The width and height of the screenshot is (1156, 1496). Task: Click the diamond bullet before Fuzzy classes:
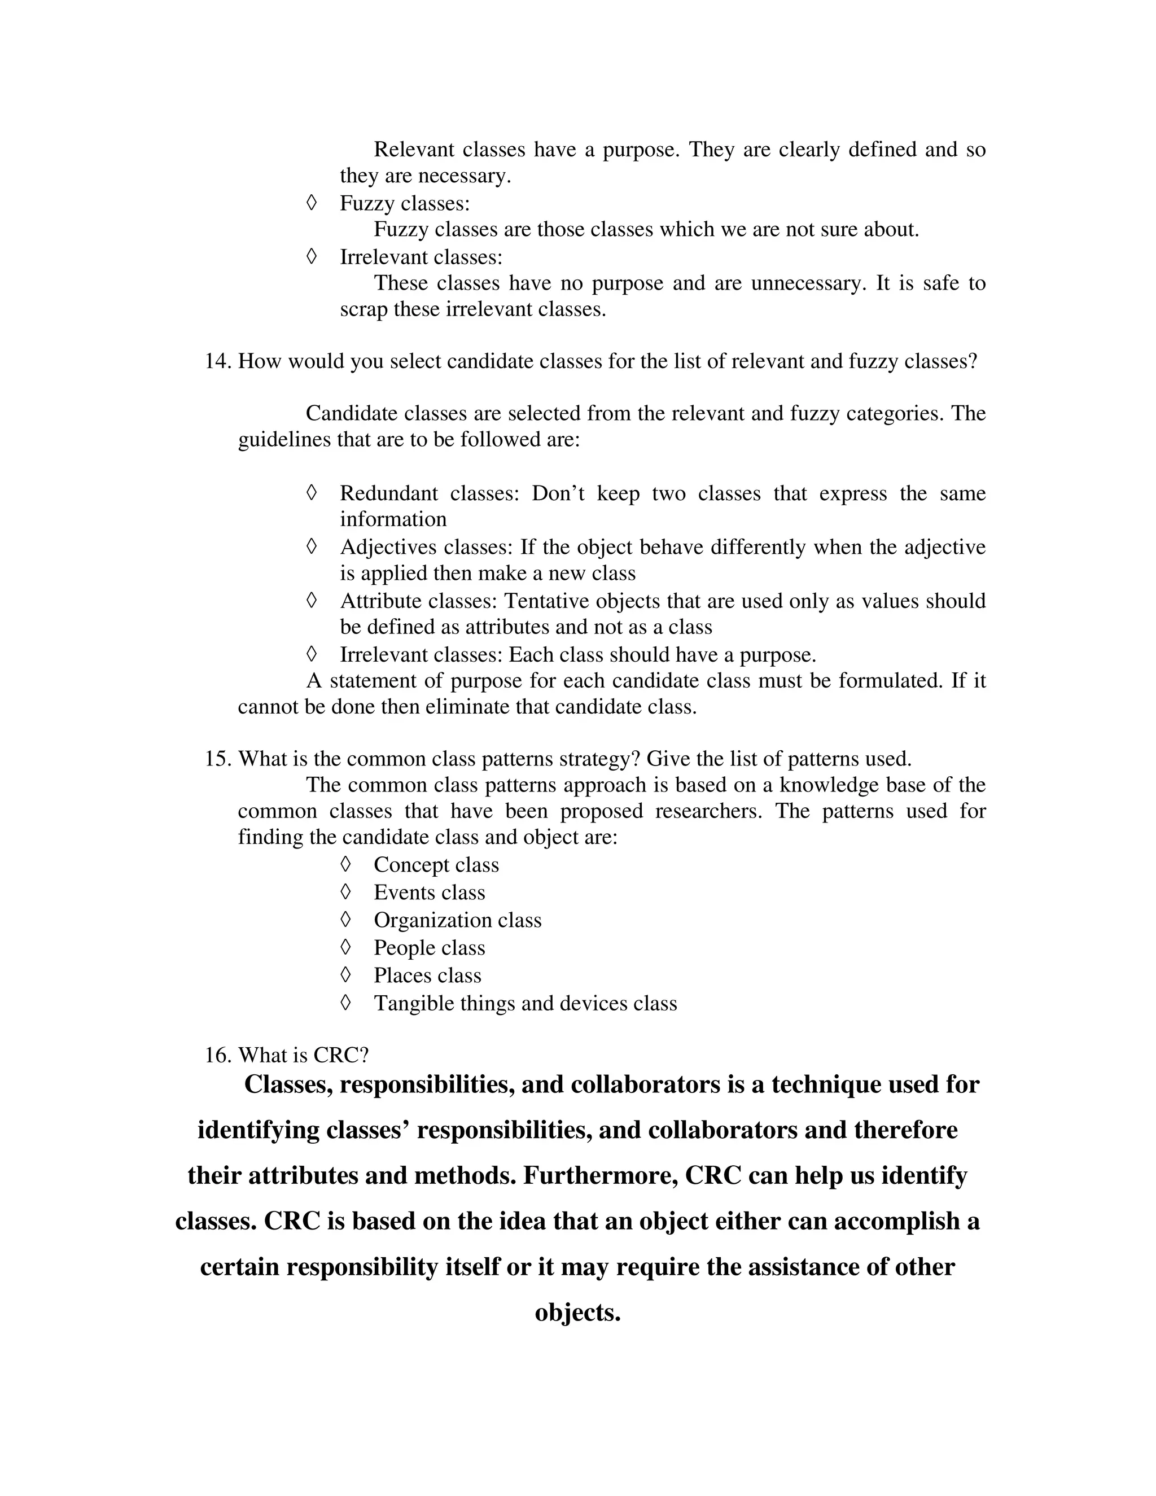pyautogui.click(x=312, y=203)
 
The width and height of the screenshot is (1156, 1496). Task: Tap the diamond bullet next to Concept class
pyautogui.click(x=346, y=864)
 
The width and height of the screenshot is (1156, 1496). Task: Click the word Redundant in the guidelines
pyautogui.click(x=388, y=493)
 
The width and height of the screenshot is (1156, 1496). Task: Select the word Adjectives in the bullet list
pyautogui.click(x=389, y=547)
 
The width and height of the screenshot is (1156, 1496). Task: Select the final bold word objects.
pyautogui.click(x=577, y=1313)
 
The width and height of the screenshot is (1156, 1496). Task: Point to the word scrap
pyautogui.click(x=364, y=309)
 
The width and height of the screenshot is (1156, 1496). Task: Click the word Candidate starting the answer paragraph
pyautogui.click(x=351, y=413)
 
